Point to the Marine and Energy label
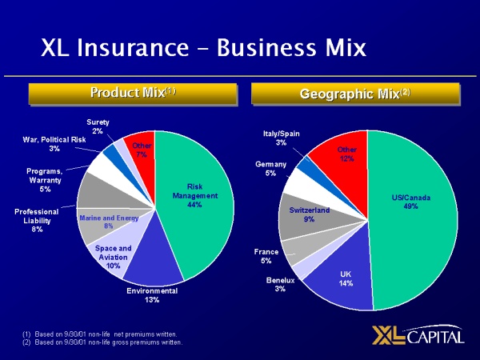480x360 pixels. point(109,222)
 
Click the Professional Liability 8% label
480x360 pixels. point(37,220)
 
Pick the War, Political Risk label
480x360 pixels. point(54,144)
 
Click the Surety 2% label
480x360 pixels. point(98,126)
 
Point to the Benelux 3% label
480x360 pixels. point(280,284)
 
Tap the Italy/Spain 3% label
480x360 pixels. point(281,138)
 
